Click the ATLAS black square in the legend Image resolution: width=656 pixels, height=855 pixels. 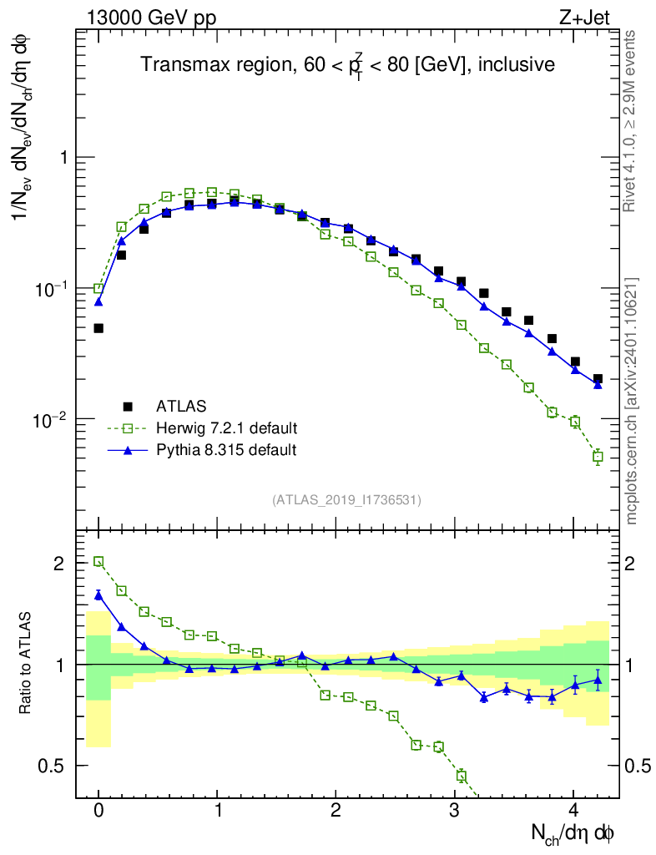(x=128, y=407)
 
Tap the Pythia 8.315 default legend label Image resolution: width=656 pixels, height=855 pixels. (x=225, y=450)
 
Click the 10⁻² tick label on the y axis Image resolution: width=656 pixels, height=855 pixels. (x=50, y=418)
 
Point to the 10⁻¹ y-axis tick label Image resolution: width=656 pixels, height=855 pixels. (x=50, y=288)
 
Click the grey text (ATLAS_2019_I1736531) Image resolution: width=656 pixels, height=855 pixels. (x=346, y=499)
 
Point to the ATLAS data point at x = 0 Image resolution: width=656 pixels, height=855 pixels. (x=98, y=328)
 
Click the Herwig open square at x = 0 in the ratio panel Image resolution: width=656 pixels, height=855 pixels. (x=98, y=562)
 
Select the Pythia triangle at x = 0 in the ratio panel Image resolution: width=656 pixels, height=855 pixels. (x=98, y=594)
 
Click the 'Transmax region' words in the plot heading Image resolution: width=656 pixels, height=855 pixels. (x=212, y=64)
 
